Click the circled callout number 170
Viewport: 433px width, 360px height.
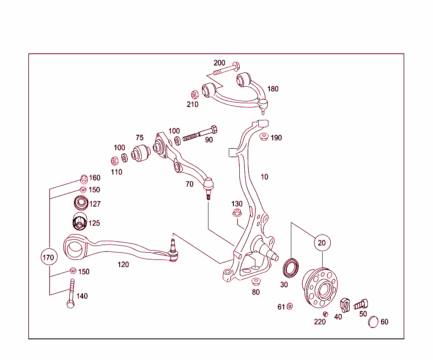(x=49, y=257)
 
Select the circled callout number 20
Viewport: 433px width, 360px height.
(x=322, y=243)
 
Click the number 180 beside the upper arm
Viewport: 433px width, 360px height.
(x=273, y=89)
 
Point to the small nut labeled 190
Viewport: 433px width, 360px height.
(x=264, y=137)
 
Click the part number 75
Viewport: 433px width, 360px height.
(x=140, y=137)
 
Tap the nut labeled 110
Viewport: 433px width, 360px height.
(x=114, y=161)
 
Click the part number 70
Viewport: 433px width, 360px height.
(x=189, y=184)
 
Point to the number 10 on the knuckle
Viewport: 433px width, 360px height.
(x=264, y=177)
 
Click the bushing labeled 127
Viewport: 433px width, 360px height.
(x=80, y=203)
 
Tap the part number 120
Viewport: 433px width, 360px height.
(x=123, y=265)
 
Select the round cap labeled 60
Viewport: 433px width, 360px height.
(x=373, y=321)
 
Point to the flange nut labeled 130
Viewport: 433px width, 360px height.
(x=237, y=213)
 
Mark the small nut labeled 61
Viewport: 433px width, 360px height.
(x=290, y=306)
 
